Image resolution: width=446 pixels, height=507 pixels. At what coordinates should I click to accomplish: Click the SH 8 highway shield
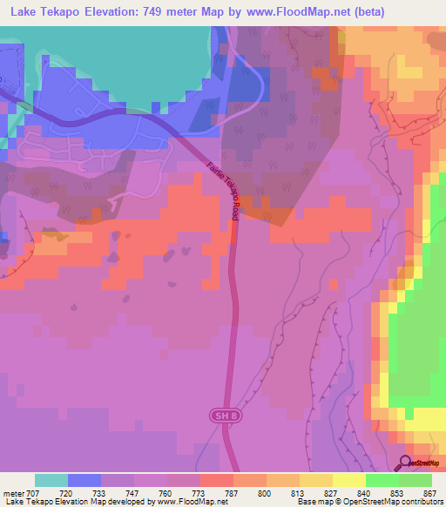pyautogui.click(x=223, y=417)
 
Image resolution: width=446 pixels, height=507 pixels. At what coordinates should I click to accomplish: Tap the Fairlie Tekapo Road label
pyautogui.click(x=225, y=191)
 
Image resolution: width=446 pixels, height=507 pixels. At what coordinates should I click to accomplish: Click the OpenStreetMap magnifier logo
pyautogui.click(x=406, y=463)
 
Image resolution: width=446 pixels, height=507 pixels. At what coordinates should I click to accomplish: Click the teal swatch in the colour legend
pyautogui.click(x=51, y=480)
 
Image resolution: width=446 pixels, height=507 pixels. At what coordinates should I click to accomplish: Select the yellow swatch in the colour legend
pyautogui.click(x=348, y=480)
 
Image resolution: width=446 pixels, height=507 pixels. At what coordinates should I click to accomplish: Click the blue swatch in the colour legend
pyautogui.click(x=84, y=480)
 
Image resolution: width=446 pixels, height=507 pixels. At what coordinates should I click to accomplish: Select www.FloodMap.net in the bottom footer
pyautogui.click(x=186, y=502)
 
